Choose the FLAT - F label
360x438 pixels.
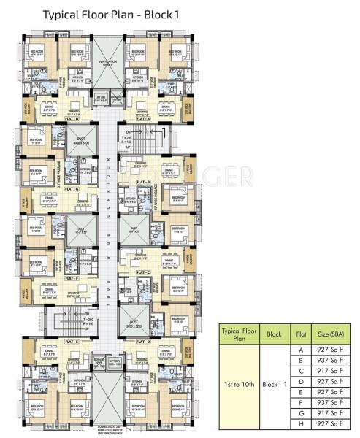[71, 278]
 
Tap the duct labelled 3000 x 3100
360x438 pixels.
[80, 143]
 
